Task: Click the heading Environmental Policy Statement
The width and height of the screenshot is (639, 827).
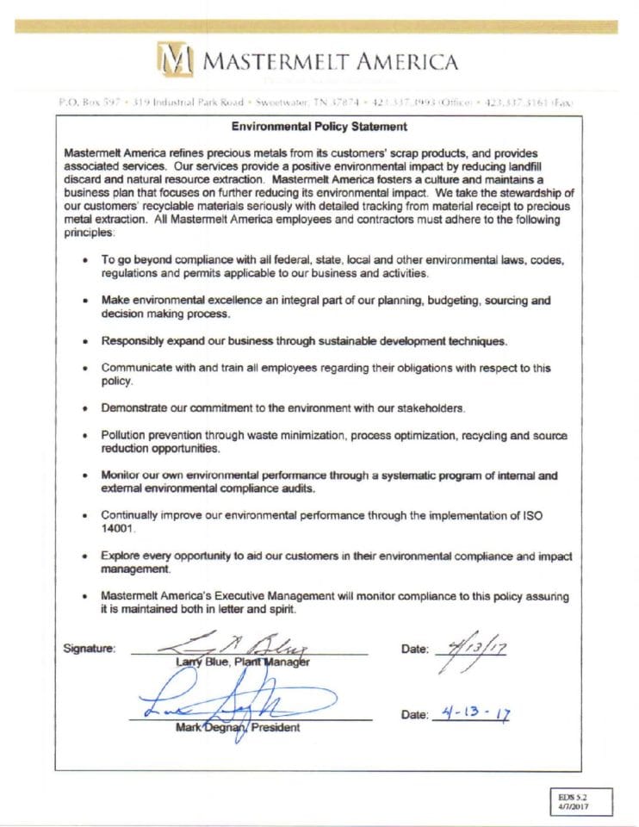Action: [x=319, y=127]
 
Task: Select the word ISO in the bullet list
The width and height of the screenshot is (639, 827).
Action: [x=533, y=515]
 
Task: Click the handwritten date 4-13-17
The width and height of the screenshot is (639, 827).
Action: [x=470, y=714]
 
